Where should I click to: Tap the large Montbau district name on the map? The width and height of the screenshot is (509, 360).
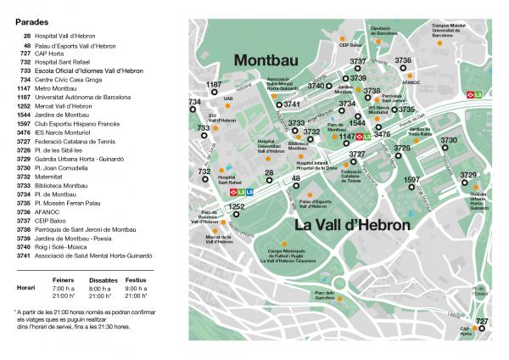coord(271,61)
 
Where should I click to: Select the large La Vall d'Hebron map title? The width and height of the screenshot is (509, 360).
coord(353,226)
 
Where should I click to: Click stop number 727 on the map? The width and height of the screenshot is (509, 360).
coord(482,320)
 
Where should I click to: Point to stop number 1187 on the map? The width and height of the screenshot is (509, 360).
coord(214,85)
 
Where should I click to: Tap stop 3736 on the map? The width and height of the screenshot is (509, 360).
coord(403,61)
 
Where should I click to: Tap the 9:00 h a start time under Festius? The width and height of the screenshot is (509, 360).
coord(136,287)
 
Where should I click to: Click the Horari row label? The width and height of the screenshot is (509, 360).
coord(25,287)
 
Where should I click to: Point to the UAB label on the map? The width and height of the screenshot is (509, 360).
coord(228,97)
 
